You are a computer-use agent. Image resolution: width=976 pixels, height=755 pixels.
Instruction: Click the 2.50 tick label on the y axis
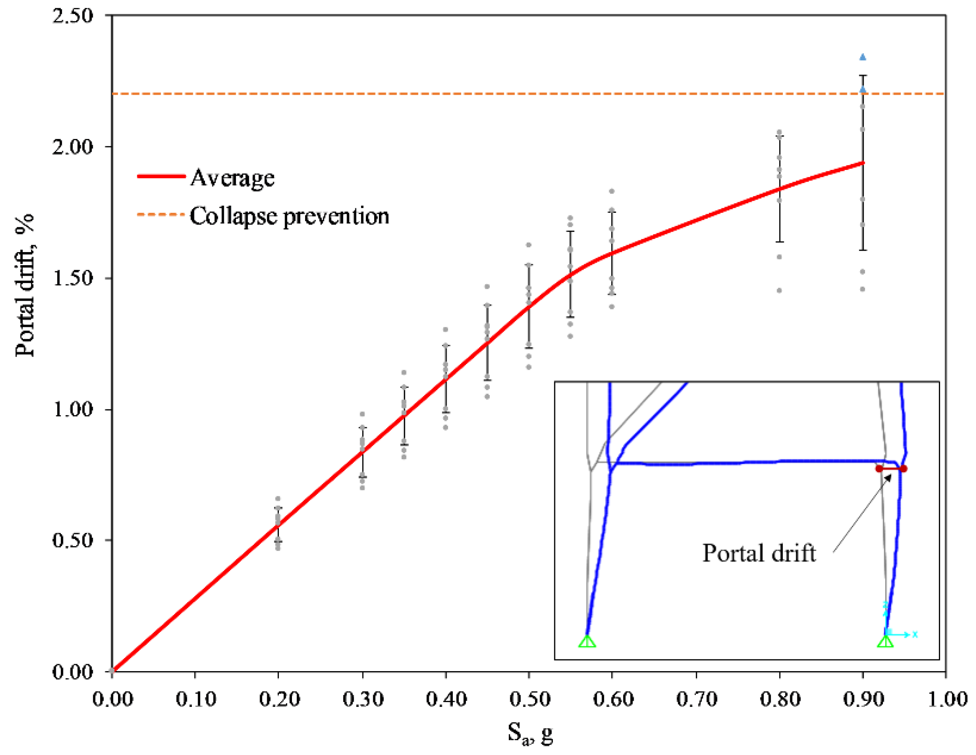pos(73,16)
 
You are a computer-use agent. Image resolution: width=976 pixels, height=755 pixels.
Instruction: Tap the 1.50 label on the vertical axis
pos(73,278)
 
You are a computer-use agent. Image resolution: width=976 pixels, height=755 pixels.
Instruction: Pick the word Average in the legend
pos(233,178)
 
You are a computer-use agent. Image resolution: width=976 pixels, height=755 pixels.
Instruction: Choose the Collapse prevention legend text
pos(289,216)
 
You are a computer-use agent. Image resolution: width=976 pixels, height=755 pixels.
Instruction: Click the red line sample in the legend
pos(161,177)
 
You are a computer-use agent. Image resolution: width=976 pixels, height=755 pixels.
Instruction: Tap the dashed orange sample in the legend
pos(161,215)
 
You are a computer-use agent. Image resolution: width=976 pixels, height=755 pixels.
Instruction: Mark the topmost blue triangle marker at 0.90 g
pos(863,57)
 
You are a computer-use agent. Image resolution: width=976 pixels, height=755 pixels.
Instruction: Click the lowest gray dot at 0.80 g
pos(779,291)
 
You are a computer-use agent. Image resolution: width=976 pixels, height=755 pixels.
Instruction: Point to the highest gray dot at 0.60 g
pos(612,191)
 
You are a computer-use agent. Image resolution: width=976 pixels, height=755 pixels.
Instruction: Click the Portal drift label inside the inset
pos(759,554)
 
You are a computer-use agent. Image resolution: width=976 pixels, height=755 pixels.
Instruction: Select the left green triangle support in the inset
pos(587,641)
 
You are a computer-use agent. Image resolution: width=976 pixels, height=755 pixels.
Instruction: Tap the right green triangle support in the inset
pos(885,641)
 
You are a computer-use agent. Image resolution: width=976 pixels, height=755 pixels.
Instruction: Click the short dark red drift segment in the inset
pos(891,469)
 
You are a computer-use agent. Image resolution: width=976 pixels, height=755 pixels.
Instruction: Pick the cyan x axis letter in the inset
pos(915,634)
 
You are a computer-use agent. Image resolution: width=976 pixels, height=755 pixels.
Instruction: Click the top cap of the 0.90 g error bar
pos(863,76)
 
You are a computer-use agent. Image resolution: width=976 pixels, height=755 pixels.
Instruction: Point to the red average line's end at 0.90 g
pos(863,163)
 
